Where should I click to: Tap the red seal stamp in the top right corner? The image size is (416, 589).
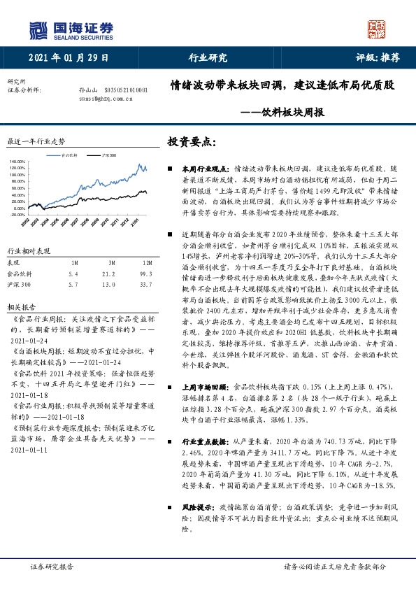tap(377, 29)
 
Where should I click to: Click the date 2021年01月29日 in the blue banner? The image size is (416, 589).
tap(70, 58)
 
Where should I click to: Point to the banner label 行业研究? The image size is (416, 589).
tap(208, 58)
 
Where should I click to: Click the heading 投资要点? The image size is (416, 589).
tap(192, 141)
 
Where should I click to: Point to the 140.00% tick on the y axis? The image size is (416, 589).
tap(16, 162)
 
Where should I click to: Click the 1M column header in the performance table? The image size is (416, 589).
tap(75, 261)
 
